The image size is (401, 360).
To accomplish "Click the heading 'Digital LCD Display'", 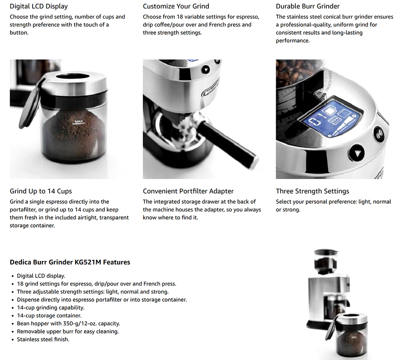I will (39, 6).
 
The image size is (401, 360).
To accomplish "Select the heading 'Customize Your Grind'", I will (176, 6).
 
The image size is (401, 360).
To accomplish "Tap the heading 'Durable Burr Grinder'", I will (308, 6).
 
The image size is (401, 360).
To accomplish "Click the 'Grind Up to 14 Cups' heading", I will (41, 191).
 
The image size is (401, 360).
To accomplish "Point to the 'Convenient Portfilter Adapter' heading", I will (188, 191).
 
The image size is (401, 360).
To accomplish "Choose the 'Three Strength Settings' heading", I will (312, 191).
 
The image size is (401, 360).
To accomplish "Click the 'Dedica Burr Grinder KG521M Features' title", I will (70, 262).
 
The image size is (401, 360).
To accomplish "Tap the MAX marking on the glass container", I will (79, 121).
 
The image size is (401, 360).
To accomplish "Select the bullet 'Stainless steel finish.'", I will (43, 339).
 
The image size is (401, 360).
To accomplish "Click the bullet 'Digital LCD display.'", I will (41, 276).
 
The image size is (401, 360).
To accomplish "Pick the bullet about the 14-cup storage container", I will (49, 316).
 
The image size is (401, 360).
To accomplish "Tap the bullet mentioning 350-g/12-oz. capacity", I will (68, 323).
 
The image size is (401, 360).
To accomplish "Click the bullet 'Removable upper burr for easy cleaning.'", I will (68, 331).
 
